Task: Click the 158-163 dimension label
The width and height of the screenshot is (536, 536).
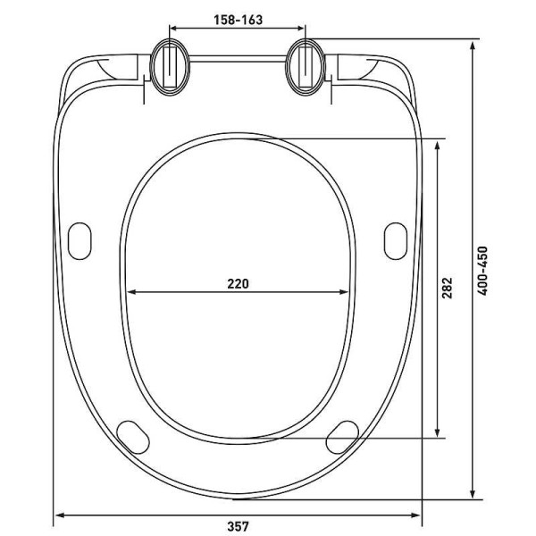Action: click(239, 20)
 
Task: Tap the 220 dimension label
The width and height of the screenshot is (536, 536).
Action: click(239, 283)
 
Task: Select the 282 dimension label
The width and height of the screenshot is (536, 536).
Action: click(448, 288)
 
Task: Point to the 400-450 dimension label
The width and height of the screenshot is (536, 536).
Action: click(482, 271)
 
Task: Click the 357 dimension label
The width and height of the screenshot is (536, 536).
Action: click(239, 526)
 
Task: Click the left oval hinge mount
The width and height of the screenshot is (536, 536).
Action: click(170, 67)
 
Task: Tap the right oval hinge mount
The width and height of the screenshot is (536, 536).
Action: click(305, 67)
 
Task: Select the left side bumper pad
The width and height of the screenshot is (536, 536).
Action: click(80, 241)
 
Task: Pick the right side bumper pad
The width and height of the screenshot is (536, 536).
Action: click(396, 241)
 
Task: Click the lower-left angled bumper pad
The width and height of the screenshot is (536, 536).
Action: click(133, 437)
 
